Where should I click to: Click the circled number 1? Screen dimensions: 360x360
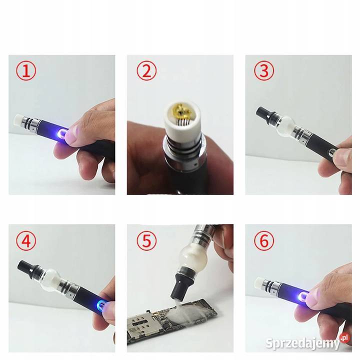25,71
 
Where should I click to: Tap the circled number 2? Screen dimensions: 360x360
146,71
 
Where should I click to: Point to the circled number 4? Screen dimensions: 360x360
25,241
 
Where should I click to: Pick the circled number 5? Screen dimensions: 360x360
146,241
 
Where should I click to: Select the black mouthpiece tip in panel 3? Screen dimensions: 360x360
263,113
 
